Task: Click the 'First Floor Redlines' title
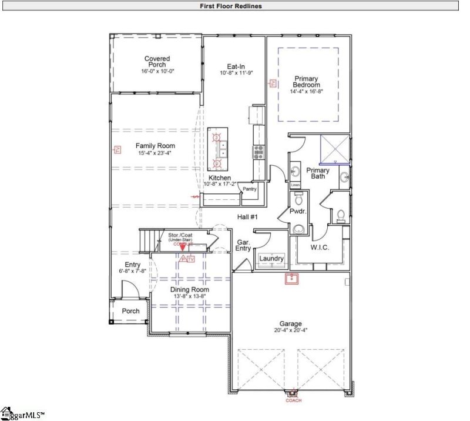pyautogui.click(x=235, y=6)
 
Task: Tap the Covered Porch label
pyautogui.click(x=157, y=62)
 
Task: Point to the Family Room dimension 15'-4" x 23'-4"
pyautogui.click(x=156, y=153)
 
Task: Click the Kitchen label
pyautogui.click(x=220, y=178)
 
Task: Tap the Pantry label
pyautogui.click(x=250, y=189)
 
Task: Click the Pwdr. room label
pyautogui.click(x=297, y=210)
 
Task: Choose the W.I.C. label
pyautogui.click(x=320, y=248)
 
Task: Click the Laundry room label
pyautogui.click(x=271, y=259)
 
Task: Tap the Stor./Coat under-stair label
pyautogui.click(x=181, y=237)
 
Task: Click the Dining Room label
pyautogui.click(x=189, y=290)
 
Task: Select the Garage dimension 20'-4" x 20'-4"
pyautogui.click(x=290, y=330)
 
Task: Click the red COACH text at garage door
pyautogui.click(x=293, y=401)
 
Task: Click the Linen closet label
pyautogui.click(x=296, y=186)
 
